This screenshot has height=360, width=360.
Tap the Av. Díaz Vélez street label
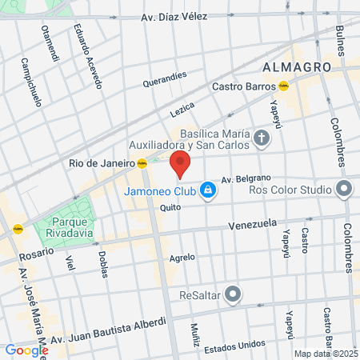(174, 17)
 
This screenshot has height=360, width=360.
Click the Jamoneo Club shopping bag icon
(208, 190)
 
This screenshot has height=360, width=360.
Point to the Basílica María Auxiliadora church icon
(261, 140)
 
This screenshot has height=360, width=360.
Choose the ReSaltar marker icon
(232, 294)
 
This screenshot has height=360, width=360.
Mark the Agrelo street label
(182, 258)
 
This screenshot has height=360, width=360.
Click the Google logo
(26, 350)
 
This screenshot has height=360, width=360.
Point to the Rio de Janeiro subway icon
(142, 163)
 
